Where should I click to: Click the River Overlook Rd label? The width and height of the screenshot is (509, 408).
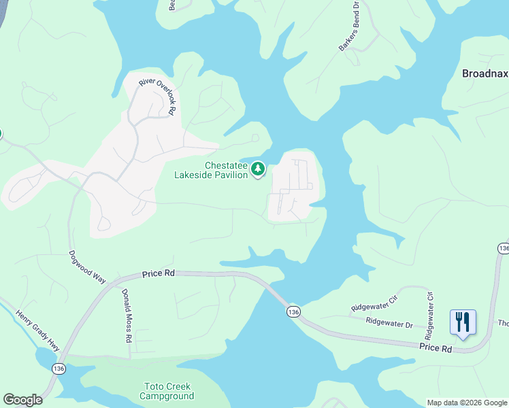(158, 96)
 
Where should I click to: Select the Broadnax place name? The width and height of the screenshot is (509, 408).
(485, 73)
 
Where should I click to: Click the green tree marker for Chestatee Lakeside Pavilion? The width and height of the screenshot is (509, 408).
(258, 169)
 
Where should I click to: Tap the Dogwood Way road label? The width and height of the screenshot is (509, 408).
(88, 267)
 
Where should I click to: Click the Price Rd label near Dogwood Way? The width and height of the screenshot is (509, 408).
(159, 273)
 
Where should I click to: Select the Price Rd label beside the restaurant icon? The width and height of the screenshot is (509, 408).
(436, 348)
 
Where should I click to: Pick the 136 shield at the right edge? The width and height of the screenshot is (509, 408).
(503, 249)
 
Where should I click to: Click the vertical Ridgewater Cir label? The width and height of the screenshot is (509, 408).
(429, 316)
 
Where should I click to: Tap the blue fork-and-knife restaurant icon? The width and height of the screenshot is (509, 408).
(463, 322)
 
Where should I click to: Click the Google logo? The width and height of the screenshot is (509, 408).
(22, 400)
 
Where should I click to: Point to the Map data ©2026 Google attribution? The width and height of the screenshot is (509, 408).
(467, 403)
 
